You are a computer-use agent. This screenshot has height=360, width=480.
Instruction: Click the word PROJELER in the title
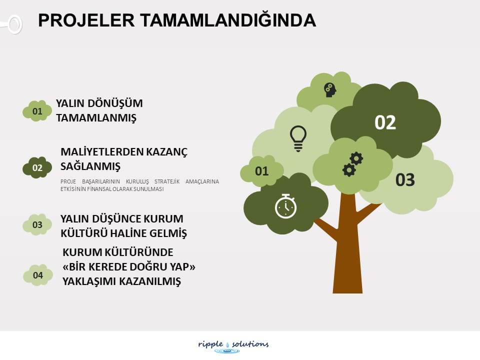click(86, 20)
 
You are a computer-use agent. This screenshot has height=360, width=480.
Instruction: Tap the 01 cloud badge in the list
click(37, 111)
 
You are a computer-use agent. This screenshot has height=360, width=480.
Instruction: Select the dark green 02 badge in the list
click(37, 167)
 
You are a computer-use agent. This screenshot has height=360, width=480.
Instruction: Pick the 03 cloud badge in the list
click(37, 224)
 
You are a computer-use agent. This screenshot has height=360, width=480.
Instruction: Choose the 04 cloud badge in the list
click(38, 275)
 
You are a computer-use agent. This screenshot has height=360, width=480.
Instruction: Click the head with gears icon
click(330, 90)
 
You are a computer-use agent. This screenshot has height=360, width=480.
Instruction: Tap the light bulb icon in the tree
click(298, 138)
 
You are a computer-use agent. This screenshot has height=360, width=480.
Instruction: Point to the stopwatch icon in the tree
click(285, 206)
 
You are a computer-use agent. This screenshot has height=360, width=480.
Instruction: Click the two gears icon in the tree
click(352, 164)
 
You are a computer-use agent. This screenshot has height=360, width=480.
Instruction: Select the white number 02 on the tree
click(385, 122)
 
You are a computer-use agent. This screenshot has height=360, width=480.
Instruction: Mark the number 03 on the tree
click(405, 179)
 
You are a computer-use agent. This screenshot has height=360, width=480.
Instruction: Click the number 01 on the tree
click(261, 171)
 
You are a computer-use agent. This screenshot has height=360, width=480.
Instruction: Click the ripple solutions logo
click(233, 346)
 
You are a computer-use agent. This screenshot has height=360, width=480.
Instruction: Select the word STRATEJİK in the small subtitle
click(167, 181)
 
